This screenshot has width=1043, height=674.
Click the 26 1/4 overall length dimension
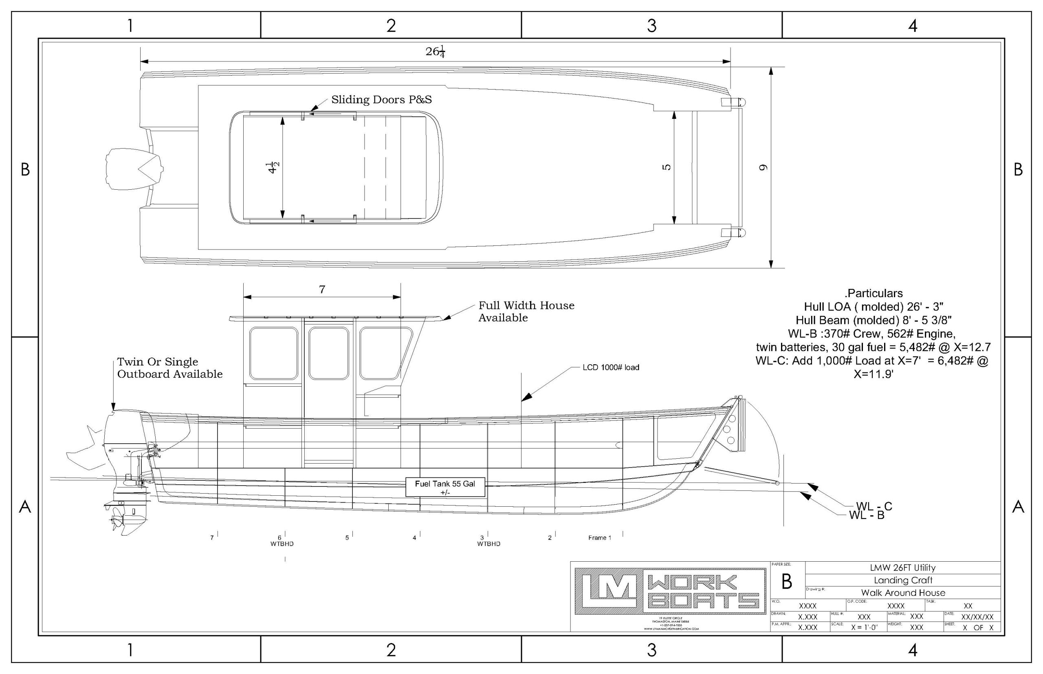point(435,52)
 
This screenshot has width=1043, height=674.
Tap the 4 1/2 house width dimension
point(274,167)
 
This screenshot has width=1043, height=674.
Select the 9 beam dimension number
point(763,167)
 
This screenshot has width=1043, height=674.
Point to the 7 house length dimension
point(322,289)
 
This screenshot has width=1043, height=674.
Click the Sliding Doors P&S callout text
point(381,100)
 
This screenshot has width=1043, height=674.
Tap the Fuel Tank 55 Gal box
point(444,487)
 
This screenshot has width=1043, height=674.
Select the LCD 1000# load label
point(610,368)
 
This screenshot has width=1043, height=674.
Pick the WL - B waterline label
point(867,515)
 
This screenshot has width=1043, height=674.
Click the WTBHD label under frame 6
point(282,544)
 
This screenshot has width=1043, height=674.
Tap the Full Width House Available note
point(526,312)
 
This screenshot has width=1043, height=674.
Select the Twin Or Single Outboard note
point(169,368)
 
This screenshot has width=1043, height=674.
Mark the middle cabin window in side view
point(328,353)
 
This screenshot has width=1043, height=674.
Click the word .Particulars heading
point(873,293)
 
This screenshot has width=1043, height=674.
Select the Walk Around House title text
point(903,593)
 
